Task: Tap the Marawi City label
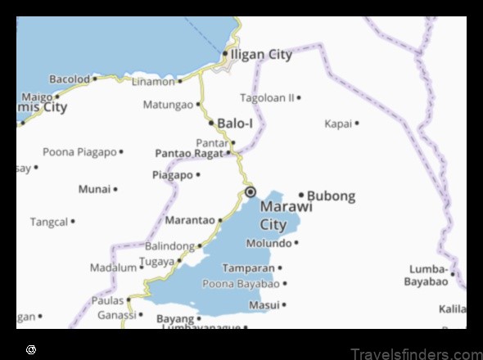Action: [286, 215]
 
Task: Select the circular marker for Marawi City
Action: [251, 192]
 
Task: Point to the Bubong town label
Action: [331, 196]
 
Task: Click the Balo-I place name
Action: [235, 123]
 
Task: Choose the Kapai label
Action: [338, 124]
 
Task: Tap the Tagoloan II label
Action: [267, 97]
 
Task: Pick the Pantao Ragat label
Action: [188, 153]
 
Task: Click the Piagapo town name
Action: [172, 174]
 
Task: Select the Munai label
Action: [94, 189]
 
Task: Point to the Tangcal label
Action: [48, 222]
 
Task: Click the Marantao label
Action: [190, 220]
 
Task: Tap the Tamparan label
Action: [248, 268]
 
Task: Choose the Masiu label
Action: [264, 304]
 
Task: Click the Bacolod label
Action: [69, 79]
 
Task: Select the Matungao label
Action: [167, 105]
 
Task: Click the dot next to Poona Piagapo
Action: [121, 151]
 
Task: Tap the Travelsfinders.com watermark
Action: [415, 353]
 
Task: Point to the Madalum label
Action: [113, 268]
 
